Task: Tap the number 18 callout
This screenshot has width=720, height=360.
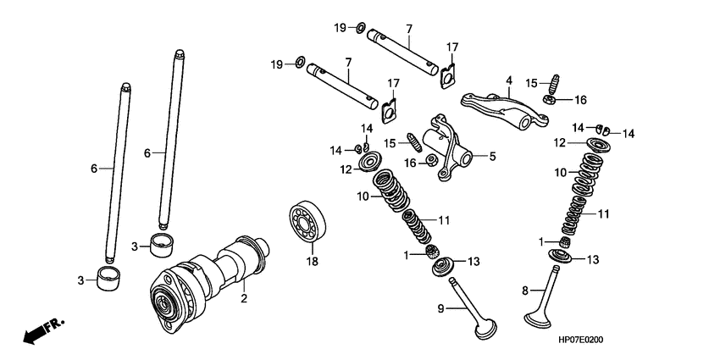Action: click(x=310, y=261)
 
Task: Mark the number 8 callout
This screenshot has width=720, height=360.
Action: click(x=524, y=291)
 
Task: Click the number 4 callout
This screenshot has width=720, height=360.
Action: click(x=508, y=81)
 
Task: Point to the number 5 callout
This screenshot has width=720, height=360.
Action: click(x=490, y=156)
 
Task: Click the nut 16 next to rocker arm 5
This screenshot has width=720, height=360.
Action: click(x=431, y=161)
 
